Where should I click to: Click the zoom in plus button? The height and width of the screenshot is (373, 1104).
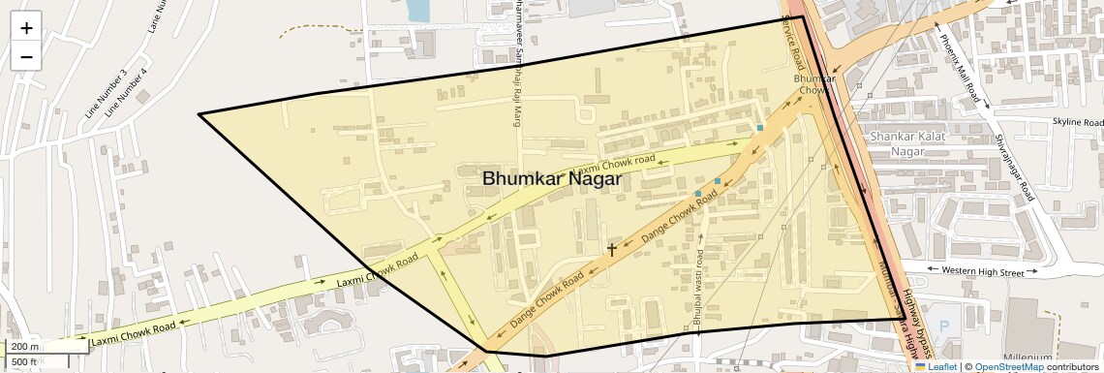coord(26,27)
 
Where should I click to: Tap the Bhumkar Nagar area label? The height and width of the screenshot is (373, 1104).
coord(551,178)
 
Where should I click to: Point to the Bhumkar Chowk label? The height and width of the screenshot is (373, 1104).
coord(813,84)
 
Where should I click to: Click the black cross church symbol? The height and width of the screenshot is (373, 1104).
coord(612,249)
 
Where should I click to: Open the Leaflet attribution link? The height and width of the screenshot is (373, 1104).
coord(935,367)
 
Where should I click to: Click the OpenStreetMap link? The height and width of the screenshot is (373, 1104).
coord(1008,367)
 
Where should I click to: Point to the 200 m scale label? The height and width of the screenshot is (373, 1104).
coord(25,347)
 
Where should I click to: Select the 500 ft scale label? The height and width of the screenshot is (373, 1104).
coord(24,362)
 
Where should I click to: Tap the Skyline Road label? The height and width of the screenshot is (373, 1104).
coord(1077,123)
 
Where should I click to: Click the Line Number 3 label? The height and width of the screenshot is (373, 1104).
coord(106,94)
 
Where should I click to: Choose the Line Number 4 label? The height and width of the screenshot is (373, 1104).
coord(126,93)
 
